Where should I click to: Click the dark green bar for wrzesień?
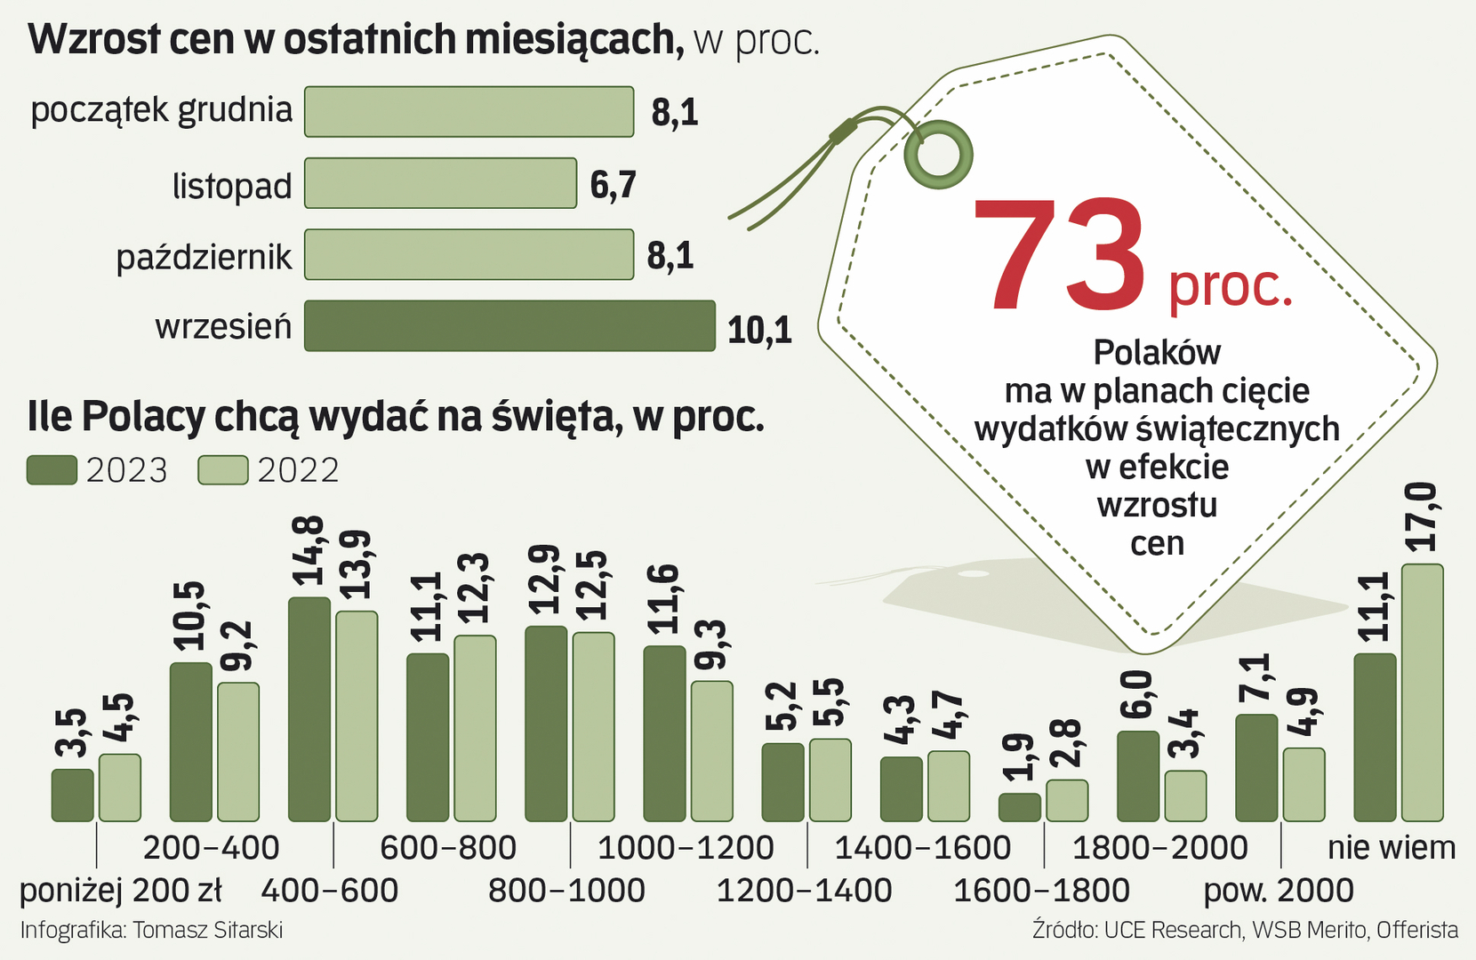pos(509,326)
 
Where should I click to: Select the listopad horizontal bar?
pos(440,183)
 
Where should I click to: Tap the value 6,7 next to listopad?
pos(613,185)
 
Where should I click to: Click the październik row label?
pos(204,258)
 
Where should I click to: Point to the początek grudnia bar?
pos(469,112)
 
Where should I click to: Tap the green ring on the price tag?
pos(938,155)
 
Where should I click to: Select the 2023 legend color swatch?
pos(52,470)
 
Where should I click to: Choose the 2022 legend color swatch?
pos(222,470)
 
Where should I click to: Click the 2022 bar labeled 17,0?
pos(1422,692)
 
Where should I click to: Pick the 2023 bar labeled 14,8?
pos(309,709)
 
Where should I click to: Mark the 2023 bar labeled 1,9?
pos(1019,807)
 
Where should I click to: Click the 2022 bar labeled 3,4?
pos(1185,796)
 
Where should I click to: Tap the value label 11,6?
pos(663,599)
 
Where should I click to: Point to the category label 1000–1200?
pos(686,848)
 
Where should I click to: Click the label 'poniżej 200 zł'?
pos(121,890)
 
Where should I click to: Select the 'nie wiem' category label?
pos(1392,848)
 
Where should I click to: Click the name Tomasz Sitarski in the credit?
pos(208,930)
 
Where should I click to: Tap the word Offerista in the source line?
pos(1417,930)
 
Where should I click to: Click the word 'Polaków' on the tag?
pos(1157,353)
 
